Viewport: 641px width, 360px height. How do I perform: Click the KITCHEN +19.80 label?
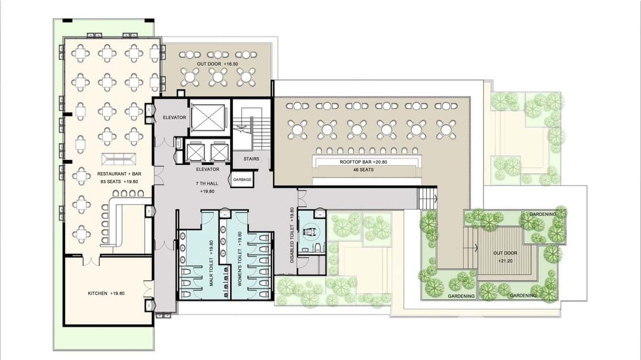[106, 293]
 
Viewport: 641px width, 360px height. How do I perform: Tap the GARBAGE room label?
[242, 180]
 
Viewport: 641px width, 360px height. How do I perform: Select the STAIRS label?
[252, 159]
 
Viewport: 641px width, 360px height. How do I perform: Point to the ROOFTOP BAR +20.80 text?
[363, 162]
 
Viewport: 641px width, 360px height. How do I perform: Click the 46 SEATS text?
[363, 170]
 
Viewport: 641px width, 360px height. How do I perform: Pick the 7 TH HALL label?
[207, 183]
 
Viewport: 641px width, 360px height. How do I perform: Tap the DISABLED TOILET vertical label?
[292, 235]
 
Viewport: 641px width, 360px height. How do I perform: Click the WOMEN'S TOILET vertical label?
[239, 259]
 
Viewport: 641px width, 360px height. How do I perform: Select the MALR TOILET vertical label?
[211, 263]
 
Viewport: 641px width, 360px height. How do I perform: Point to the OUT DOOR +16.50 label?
[217, 64]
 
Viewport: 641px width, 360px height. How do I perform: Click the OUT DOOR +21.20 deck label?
[505, 257]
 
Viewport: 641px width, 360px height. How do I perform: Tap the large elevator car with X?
[208, 117]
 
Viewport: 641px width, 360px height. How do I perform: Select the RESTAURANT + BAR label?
[119, 174]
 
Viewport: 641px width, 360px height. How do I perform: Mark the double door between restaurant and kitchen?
[91, 260]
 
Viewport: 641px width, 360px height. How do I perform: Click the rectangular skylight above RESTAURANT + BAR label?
[119, 159]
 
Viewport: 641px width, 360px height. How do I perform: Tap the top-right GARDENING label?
[543, 214]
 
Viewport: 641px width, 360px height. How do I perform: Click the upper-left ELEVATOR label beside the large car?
[174, 117]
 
